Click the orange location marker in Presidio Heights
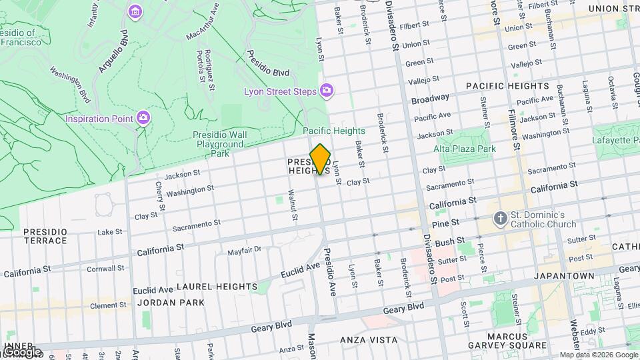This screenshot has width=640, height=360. click(x=320, y=159)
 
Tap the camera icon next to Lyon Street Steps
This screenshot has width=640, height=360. click(x=327, y=89)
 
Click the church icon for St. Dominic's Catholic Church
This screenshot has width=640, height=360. click(x=500, y=218)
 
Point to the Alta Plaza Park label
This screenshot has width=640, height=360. click(x=465, y=149)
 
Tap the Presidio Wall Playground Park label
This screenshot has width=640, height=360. click(x=219, y=143)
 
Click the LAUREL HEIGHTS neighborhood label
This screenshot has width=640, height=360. click(x=217, y=286)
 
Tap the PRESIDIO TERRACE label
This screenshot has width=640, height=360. click(x=45, y=236)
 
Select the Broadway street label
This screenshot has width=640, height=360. click(x=430, y=99)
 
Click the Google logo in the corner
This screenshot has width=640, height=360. click(x=21, y=351)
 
